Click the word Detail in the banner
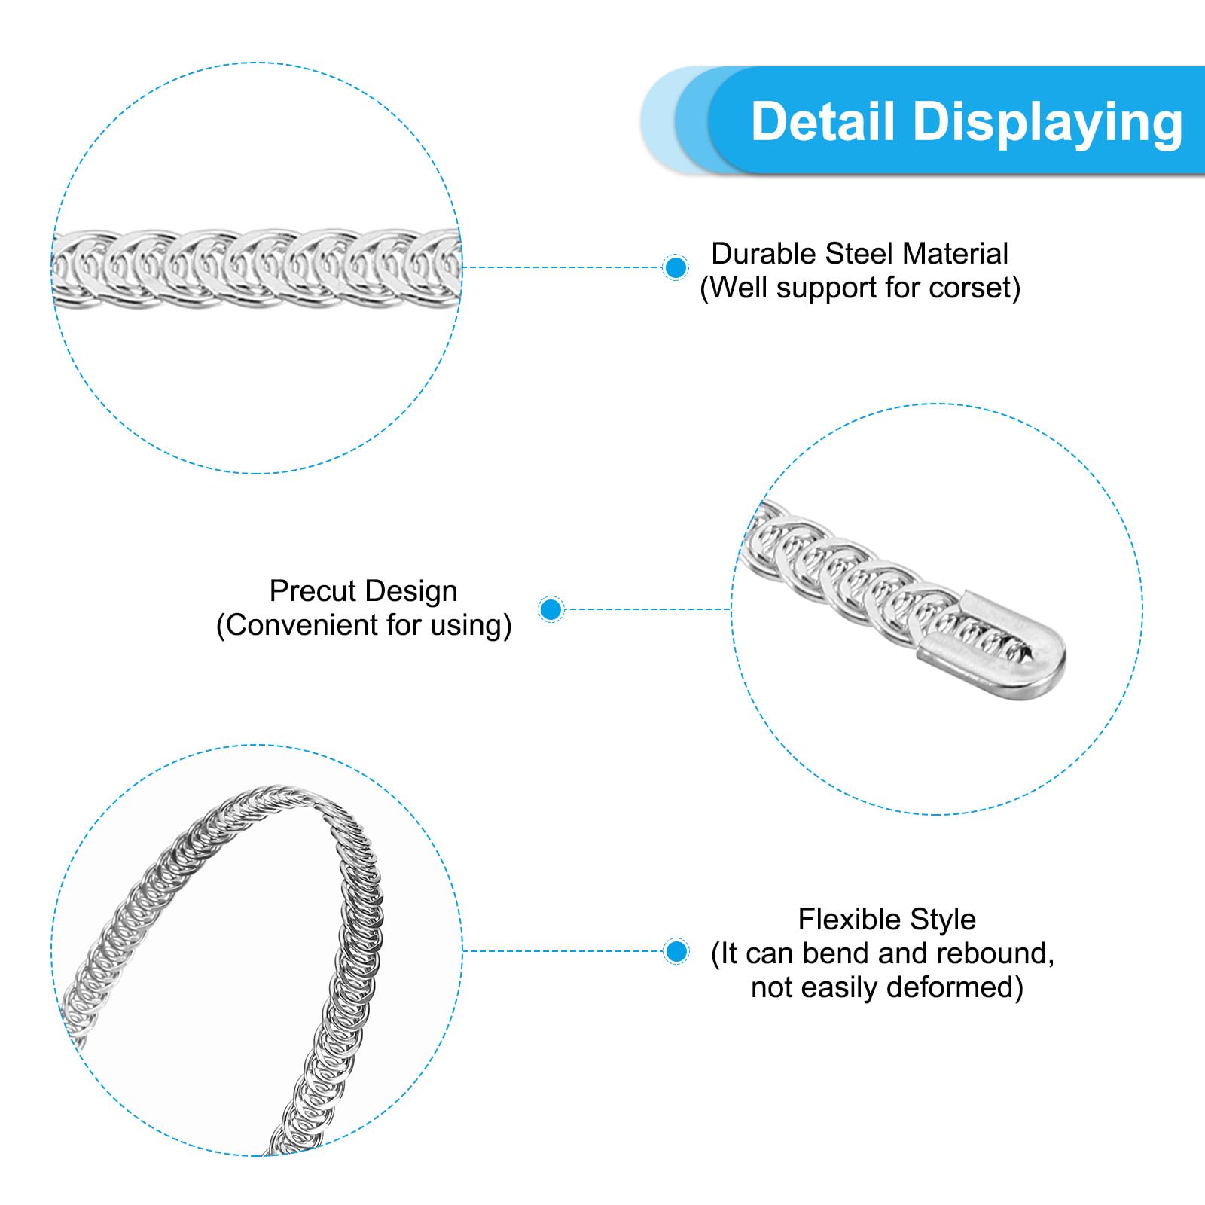[x=823, y=121]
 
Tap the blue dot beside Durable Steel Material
[x=676, y=267]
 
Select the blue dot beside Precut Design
[x=551, y=609]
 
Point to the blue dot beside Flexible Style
[x=676, y=951]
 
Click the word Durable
[x=764, y=254]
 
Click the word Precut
[x=304, y=591]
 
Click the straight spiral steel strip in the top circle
[x=256, y=268]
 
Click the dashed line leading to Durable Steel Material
[x=562, y=267]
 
